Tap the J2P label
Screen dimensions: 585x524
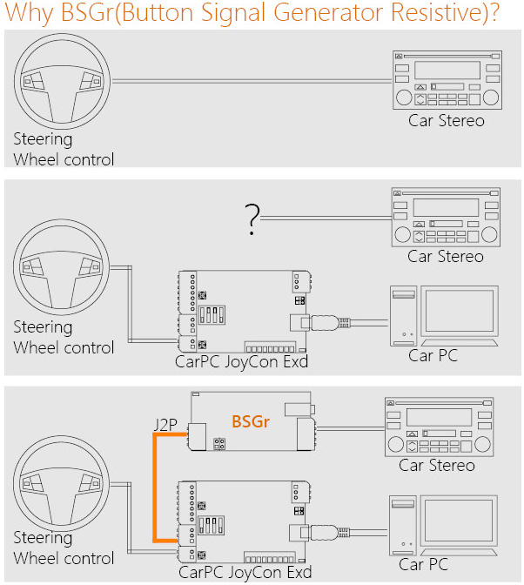[165, 426]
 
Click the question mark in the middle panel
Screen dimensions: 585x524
[252, 220]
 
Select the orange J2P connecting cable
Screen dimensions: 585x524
[155, 487]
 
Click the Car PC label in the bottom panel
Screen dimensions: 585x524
[423, 564]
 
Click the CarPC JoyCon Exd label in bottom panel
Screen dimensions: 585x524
[245, 572]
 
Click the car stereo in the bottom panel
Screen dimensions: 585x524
[440, 427]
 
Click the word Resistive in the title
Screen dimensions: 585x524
[429, 15]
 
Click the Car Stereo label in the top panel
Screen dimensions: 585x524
[447, 120]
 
